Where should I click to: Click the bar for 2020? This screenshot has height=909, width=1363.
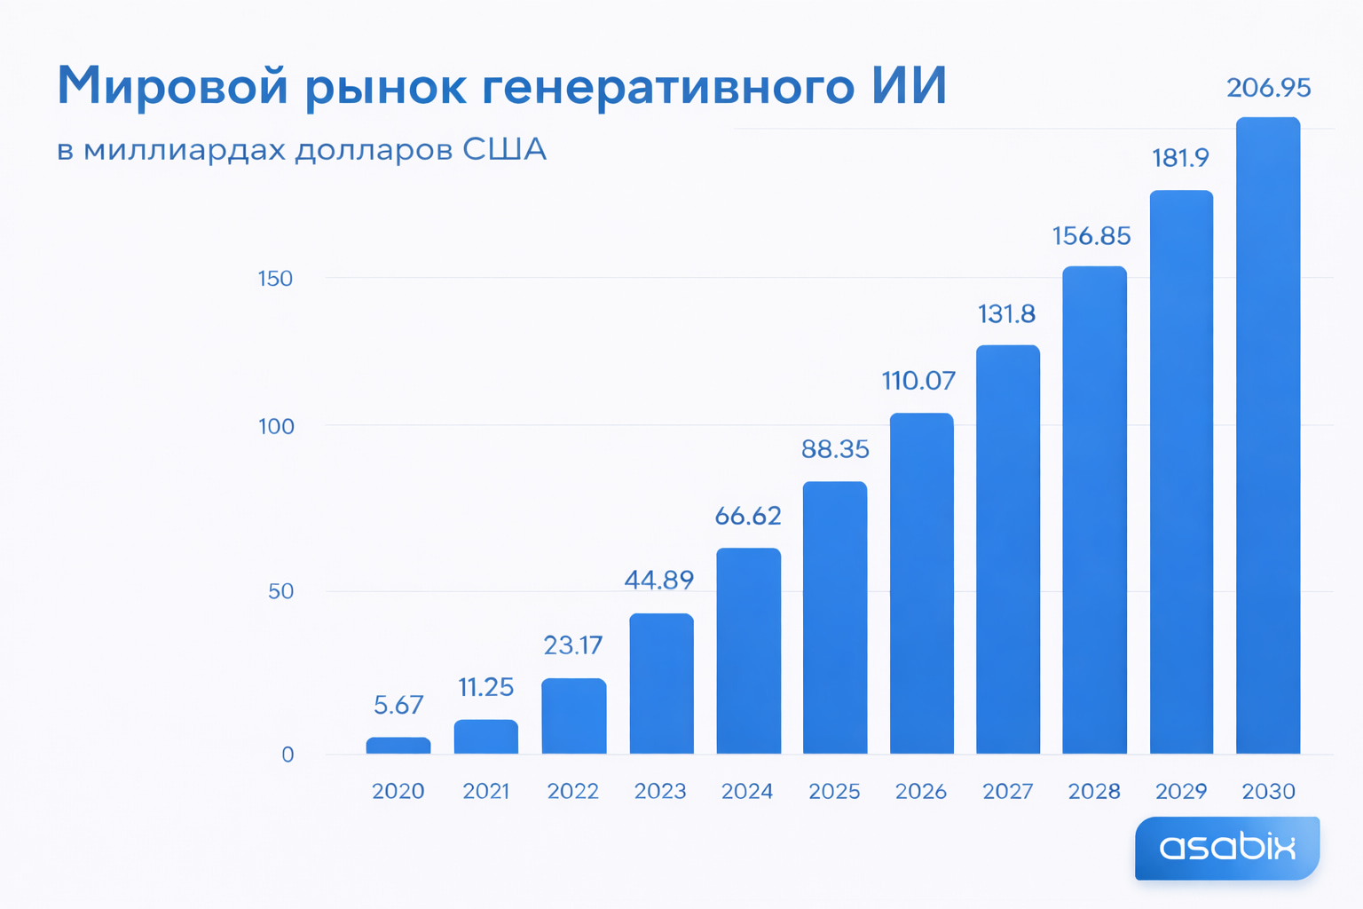coord(398,746)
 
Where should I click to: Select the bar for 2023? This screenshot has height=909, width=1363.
coord(661,684)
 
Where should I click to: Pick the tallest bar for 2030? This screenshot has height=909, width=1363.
coord(1268,435)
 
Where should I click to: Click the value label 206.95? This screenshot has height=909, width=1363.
coord(1268,88)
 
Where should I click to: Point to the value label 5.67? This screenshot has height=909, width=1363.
coord(398,705)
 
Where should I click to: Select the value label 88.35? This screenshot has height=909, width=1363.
coord(835,449)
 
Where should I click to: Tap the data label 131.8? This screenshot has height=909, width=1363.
coord(1006,314)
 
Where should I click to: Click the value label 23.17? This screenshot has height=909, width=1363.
coord(572,645)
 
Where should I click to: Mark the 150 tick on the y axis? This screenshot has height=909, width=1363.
coord(275,279)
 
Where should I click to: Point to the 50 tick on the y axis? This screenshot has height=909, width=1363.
coord(280,591)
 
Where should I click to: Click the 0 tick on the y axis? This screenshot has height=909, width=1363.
coord(288,755)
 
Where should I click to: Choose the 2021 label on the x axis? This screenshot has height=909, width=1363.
coord(486,791)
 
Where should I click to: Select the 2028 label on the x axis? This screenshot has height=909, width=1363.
coord(1094,791)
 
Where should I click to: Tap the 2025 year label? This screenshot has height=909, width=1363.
coord(834,791)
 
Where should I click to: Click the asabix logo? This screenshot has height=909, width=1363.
coord(1227,848)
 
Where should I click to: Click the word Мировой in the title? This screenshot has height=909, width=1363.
coord(173,86)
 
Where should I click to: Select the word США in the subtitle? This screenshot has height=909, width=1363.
coord(504,149)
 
